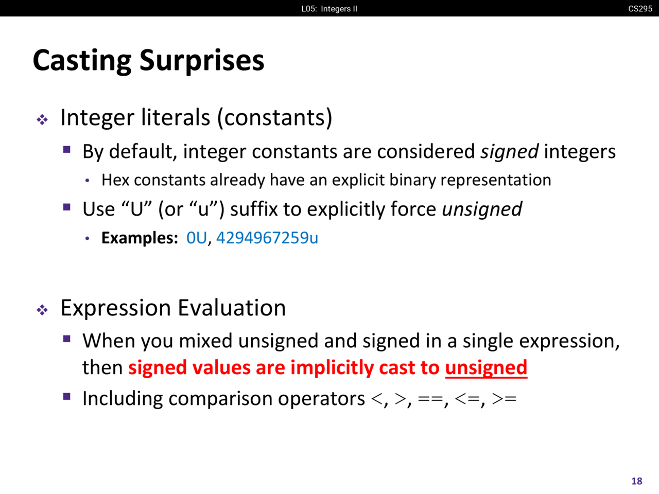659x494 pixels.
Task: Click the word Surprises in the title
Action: pos(202,61)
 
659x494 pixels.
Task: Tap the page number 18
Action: pos(637,481)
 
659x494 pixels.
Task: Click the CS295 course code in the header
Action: pos(640,9)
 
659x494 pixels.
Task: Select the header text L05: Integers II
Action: pos(329,9)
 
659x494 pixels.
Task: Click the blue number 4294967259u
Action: pos(267,238)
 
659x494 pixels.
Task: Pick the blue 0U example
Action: pos(197,238)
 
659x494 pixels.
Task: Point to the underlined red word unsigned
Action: pos(486,368)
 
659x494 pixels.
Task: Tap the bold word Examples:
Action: pos(140,238)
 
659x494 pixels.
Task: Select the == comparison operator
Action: pos(431,399)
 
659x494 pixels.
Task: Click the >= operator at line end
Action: pos(504,399)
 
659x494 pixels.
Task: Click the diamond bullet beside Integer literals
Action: pos(42,120)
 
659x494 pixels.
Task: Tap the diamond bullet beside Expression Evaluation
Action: pos(42,310)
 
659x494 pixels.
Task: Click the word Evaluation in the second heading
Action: pos(232,308)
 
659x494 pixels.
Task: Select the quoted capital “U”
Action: pos(136,209)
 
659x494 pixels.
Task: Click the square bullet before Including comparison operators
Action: pos(66,397)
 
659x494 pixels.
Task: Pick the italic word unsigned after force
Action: pos(482,209)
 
